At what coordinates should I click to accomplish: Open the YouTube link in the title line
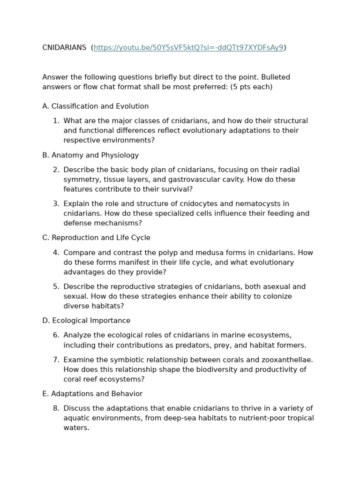188,48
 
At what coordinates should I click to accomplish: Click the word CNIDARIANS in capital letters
64,48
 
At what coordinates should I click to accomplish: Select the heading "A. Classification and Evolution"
95,106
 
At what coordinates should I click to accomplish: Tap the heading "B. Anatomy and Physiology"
90,155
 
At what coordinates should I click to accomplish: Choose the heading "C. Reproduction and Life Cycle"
96,238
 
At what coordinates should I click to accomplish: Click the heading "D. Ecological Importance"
86,321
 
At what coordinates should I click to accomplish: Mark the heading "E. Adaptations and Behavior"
92,394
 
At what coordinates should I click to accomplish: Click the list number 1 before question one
56,121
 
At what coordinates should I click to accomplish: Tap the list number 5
56,287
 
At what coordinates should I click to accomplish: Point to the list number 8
56,409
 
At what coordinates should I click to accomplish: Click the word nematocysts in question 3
266,204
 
